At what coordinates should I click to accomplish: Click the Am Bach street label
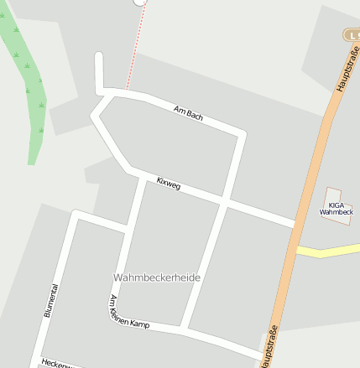[188, 112]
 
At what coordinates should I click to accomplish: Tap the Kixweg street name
[169, 183]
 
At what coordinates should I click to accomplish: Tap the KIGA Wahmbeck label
[336, 209]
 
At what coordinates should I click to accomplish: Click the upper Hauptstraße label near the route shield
[343, 74]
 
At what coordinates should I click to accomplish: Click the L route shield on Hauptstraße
[352, 34]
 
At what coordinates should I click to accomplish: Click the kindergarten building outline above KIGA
[334, 195]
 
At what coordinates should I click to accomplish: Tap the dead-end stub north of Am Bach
[99, 67]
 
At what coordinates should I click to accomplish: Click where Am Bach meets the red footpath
[126, 90]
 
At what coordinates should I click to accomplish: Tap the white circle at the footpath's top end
[140, 2]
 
